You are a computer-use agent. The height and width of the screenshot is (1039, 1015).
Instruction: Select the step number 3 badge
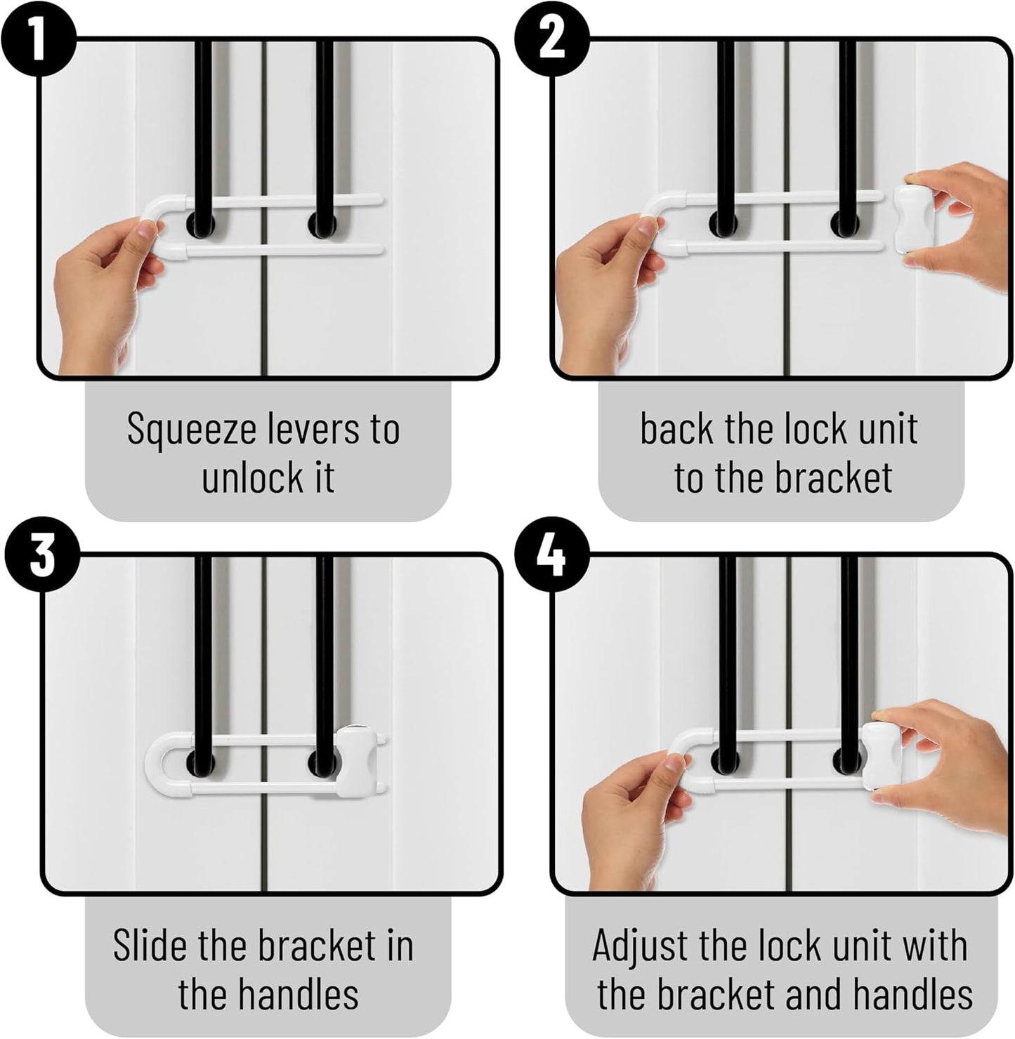pyautogui.click(x=42, y=554)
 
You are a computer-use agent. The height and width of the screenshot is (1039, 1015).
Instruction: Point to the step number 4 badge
pyautogui.click(x=552, y=554)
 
